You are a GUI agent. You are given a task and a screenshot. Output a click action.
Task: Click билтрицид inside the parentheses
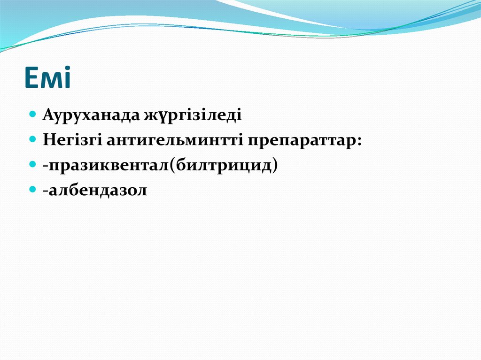pos(225,165)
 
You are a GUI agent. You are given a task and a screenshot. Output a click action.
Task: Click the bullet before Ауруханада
pos(32,114)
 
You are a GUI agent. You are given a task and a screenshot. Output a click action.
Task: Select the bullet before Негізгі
pos(32,139)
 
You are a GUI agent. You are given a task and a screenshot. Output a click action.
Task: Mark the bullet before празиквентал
pos(32,165)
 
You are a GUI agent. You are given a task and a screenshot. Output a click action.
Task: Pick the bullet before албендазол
pos(32,190)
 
